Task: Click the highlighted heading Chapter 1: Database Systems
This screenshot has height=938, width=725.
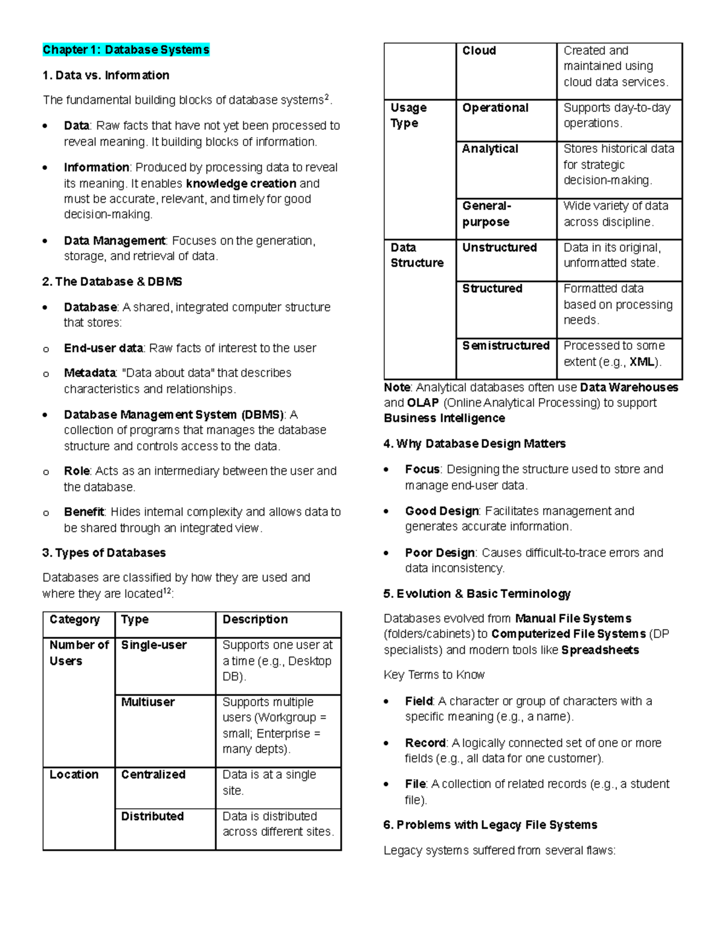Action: (126, 50)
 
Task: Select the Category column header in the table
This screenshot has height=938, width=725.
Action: (74, 620)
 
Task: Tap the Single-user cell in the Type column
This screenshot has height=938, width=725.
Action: (153, 645)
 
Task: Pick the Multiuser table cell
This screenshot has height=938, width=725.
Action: (148, 702)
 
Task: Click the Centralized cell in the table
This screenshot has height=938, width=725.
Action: (153, 774)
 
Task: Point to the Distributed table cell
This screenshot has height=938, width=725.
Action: (152, 816)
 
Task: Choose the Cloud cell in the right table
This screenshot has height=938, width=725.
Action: (479, 51)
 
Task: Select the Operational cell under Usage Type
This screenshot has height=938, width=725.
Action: (495, 108)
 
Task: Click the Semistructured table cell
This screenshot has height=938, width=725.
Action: (506, 345)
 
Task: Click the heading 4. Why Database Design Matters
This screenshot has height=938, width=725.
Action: (474, 444)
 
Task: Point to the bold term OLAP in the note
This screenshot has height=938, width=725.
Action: (423, 403)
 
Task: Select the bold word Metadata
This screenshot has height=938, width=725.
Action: (89, 373)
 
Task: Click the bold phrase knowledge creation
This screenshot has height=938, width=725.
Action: (241, 184)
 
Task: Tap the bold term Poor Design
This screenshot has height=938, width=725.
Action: (440, 553)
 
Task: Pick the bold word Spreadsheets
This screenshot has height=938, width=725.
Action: (600, 650)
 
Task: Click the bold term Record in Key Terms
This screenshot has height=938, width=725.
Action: (425, 743)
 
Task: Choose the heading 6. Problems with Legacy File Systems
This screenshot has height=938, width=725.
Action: (490, 825)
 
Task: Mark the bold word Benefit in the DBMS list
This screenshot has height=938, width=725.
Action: (84, 512)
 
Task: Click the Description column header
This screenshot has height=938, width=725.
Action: (255, 620)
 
